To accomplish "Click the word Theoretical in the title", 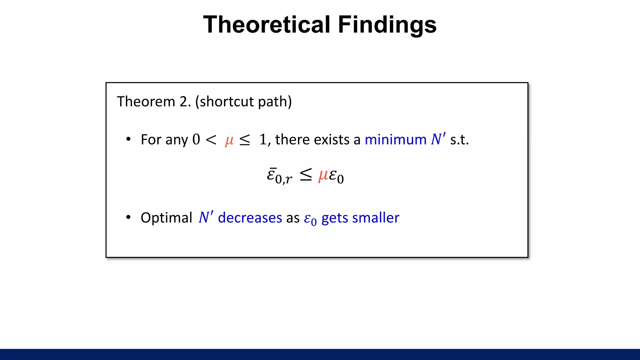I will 267,25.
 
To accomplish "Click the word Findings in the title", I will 387,25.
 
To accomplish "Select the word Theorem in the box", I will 146,102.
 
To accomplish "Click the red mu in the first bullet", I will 229,140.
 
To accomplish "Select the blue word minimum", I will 395,139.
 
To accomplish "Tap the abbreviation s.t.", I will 459,139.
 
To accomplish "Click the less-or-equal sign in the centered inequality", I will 306,175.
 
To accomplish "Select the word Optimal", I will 166,217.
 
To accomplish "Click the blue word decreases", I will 250,217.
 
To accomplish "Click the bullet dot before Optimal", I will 128,217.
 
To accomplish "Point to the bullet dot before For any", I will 128,139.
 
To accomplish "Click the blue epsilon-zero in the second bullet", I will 310,219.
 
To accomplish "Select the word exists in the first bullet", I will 332,139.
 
